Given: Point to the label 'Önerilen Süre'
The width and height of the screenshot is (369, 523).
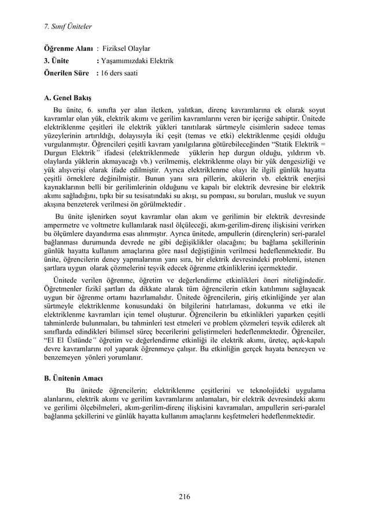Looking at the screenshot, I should click(x=68, y=72).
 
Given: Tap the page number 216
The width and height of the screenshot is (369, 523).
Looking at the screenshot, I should click(x=184, y=495).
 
